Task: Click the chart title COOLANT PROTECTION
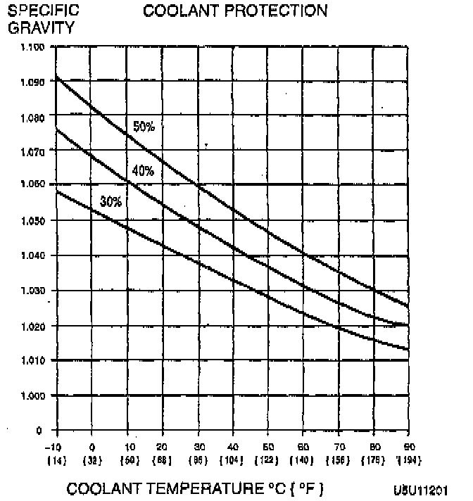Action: (x=235, y=11)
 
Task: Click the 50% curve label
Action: (x=144, y=127)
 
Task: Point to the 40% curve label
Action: (x=143, y=170)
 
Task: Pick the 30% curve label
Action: (x=111, y=202)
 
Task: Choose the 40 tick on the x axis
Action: (x=232, y=447)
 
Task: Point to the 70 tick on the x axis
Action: (x=339, y=447)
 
